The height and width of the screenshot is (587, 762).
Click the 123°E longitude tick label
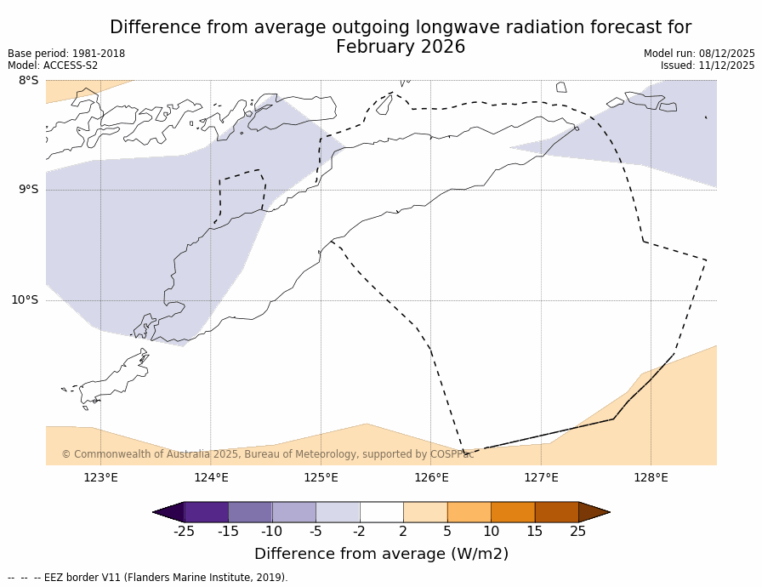click(x=100, y=478)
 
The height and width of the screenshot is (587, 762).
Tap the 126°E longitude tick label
click(x=431, y=478)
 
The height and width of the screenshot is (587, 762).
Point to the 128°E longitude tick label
click(x=651, y=478)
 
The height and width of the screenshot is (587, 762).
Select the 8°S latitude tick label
click(x=28, y=81)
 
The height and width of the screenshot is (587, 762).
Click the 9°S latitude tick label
click(x=28, y=190)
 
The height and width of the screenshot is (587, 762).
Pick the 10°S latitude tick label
click(x=25, y=300)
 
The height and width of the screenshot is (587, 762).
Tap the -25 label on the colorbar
click(x=184, y=532)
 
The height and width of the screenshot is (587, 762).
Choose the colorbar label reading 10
click(x=491, y=532)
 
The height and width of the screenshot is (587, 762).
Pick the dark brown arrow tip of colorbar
click(x=594, y=512)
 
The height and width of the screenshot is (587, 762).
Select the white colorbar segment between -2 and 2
click(x=381, y=512)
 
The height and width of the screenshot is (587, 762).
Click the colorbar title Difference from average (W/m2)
click(x=381, y=554)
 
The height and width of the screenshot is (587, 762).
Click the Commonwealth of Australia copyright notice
click(x=267, y=454)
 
